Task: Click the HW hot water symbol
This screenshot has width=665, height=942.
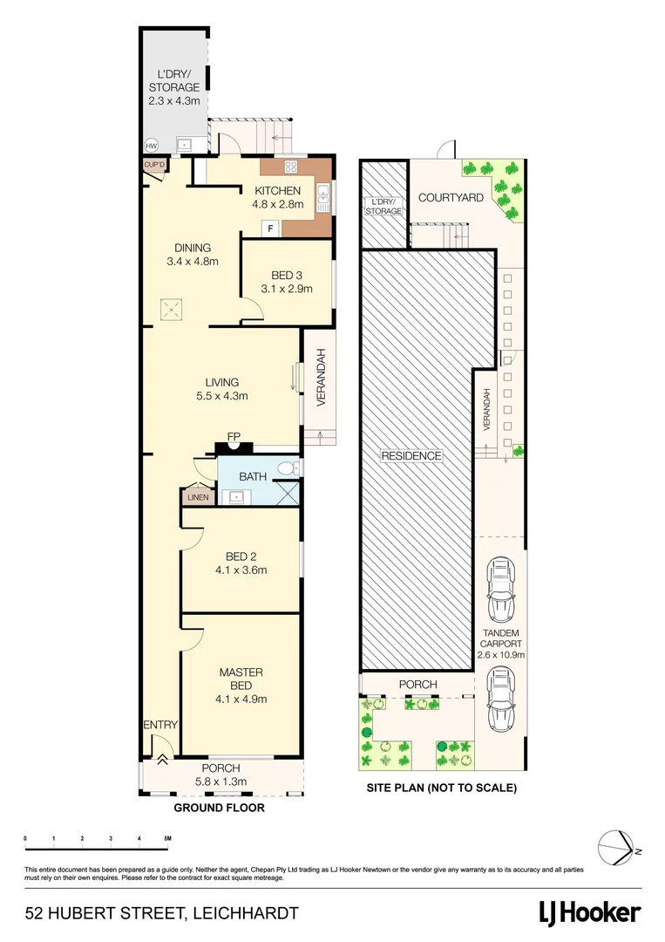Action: click(x=151, y=146)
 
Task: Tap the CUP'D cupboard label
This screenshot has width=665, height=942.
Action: click(x=154, y=164)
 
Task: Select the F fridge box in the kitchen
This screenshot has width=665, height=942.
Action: click(x=270, y=229)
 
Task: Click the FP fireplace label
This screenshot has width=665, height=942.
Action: click(x=234, y=437)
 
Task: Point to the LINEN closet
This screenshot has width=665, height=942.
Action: click(x=194, y=497)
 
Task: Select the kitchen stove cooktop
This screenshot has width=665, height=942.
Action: click(x=290, y=167)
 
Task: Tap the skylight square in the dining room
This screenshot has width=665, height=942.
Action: click(x=170, y=308)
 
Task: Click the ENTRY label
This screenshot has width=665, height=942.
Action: click(x=161, y=725)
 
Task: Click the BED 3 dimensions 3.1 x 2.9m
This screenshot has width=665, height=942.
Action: click(x=287, y=289)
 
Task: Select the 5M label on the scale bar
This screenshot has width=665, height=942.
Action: click(x=166, y=838)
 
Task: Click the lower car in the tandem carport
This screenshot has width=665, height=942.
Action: click(x=500, y=700)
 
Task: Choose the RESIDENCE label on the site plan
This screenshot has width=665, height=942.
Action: click(x=411, y=455)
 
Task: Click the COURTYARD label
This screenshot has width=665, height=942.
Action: click(x=451, y=198)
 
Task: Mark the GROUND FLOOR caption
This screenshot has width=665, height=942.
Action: click(x=219, y=809)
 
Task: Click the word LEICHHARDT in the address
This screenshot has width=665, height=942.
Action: click(x=247, y=913)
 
